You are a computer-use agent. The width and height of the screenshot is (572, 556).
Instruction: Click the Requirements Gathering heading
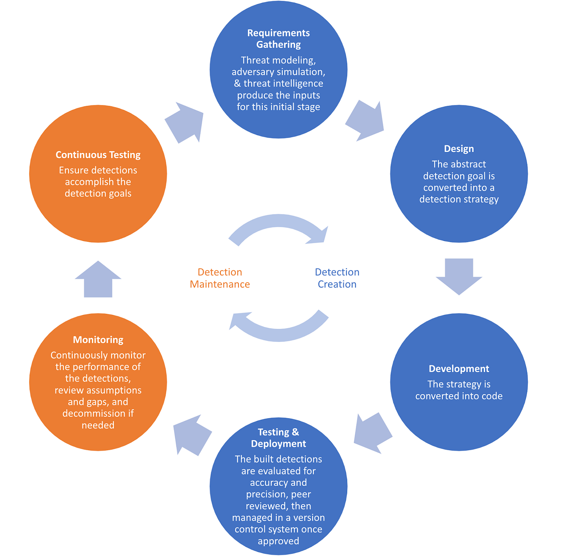pos(278,38)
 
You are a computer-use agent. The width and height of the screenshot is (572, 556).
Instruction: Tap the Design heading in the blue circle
pos(459,149)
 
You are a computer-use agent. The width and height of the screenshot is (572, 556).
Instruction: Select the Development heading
pos(459,368)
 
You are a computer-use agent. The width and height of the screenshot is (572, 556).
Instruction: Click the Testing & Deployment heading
pos(278,438)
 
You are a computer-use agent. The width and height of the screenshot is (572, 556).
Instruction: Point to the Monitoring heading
pos(98,339)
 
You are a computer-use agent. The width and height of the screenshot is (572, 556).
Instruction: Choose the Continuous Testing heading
pos(98,155)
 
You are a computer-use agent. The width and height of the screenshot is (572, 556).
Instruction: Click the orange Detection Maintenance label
pos(220,278)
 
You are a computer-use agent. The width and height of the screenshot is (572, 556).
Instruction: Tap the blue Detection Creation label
pos(337,278)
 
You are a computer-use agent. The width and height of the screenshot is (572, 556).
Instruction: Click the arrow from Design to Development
pos(459,276)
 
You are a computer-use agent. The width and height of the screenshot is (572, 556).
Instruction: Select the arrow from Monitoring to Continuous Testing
pos(98,280)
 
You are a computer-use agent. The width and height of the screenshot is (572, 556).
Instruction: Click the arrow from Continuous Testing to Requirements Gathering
pos(185,122)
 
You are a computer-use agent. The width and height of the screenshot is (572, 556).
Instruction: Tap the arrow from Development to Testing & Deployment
pos(372,433)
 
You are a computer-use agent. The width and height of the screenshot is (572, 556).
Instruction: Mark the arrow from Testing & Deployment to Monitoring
pos(191,434)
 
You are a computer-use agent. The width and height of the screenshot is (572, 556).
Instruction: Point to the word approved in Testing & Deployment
pos(278,541)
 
